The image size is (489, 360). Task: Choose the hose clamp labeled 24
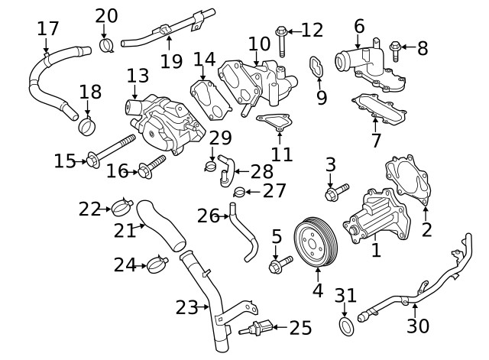pyautogui.click(x=157, y=265)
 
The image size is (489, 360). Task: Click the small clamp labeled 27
pyautogui.click(x=238, y=191)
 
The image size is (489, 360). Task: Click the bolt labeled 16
pyautogui.click(x=151, y=165)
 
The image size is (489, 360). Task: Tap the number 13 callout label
pyautogui.click(x=138, y=76)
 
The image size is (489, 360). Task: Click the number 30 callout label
pyautogui.click(x=418, y=326)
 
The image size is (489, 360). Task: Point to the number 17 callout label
pyautogui.click(x=47, y=29)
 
